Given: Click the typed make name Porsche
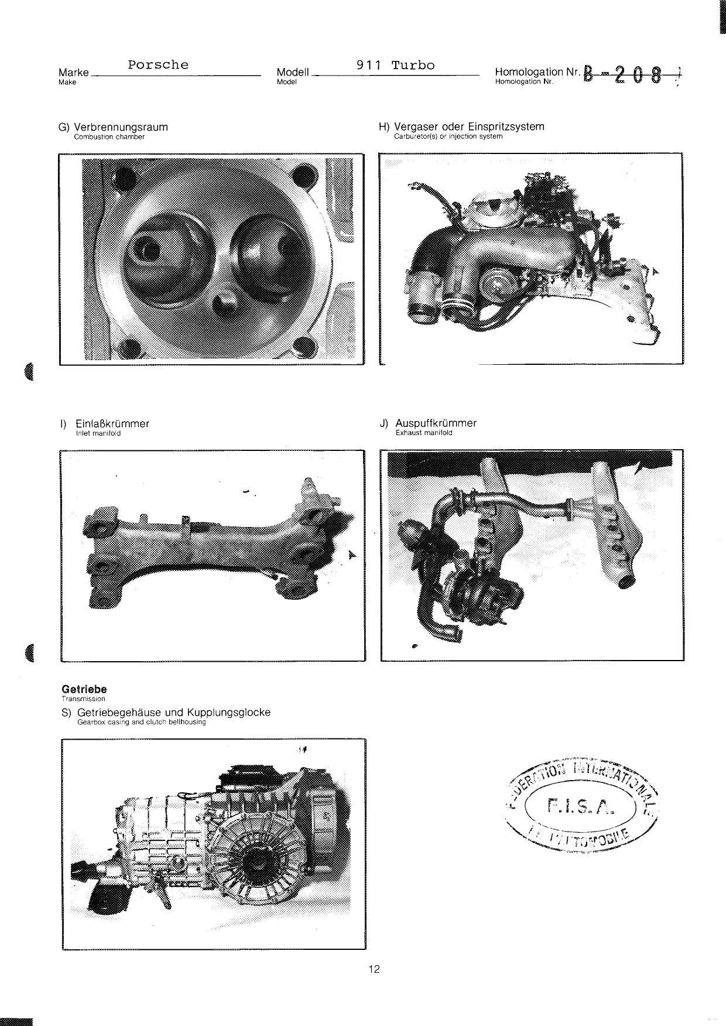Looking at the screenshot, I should pyautogui.click(x=158, y=65).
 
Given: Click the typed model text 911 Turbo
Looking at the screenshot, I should pyautogui.click(x=396, y=65).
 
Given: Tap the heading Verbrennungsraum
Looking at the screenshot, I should pyautogui.click(x=121, y=127).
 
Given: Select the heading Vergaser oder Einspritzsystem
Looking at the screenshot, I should pyautogui.click(x=469, y=126).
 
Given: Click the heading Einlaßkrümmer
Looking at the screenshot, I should pyautogui.click(x=112, y=423).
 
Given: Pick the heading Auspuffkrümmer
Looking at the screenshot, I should pyautogui.click(x=436, y=423).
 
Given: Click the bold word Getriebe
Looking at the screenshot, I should pyautogui.click(x=84, y=689).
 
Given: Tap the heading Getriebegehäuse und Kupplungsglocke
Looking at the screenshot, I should pyautogui.click(x=173, y=713).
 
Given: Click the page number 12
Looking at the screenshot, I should pyautogui.click(x=374, y=969).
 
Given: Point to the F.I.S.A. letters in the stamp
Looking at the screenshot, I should pyautogui.click(x=580, y=808).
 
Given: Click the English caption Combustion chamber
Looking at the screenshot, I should pyautogui.click(x=109, y=137).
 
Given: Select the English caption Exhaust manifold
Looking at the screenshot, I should pyautogui.click(x=424, y=433).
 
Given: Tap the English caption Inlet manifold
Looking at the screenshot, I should pyautogui.click(x=98, y=433).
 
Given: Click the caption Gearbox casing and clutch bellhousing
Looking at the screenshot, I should pyautogui.click(x=141, y=722).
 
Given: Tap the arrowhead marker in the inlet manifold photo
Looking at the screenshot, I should pyautogui.click(x=352, y=555).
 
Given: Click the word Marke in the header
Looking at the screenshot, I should pyautogui.click(x=74, y=73).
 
